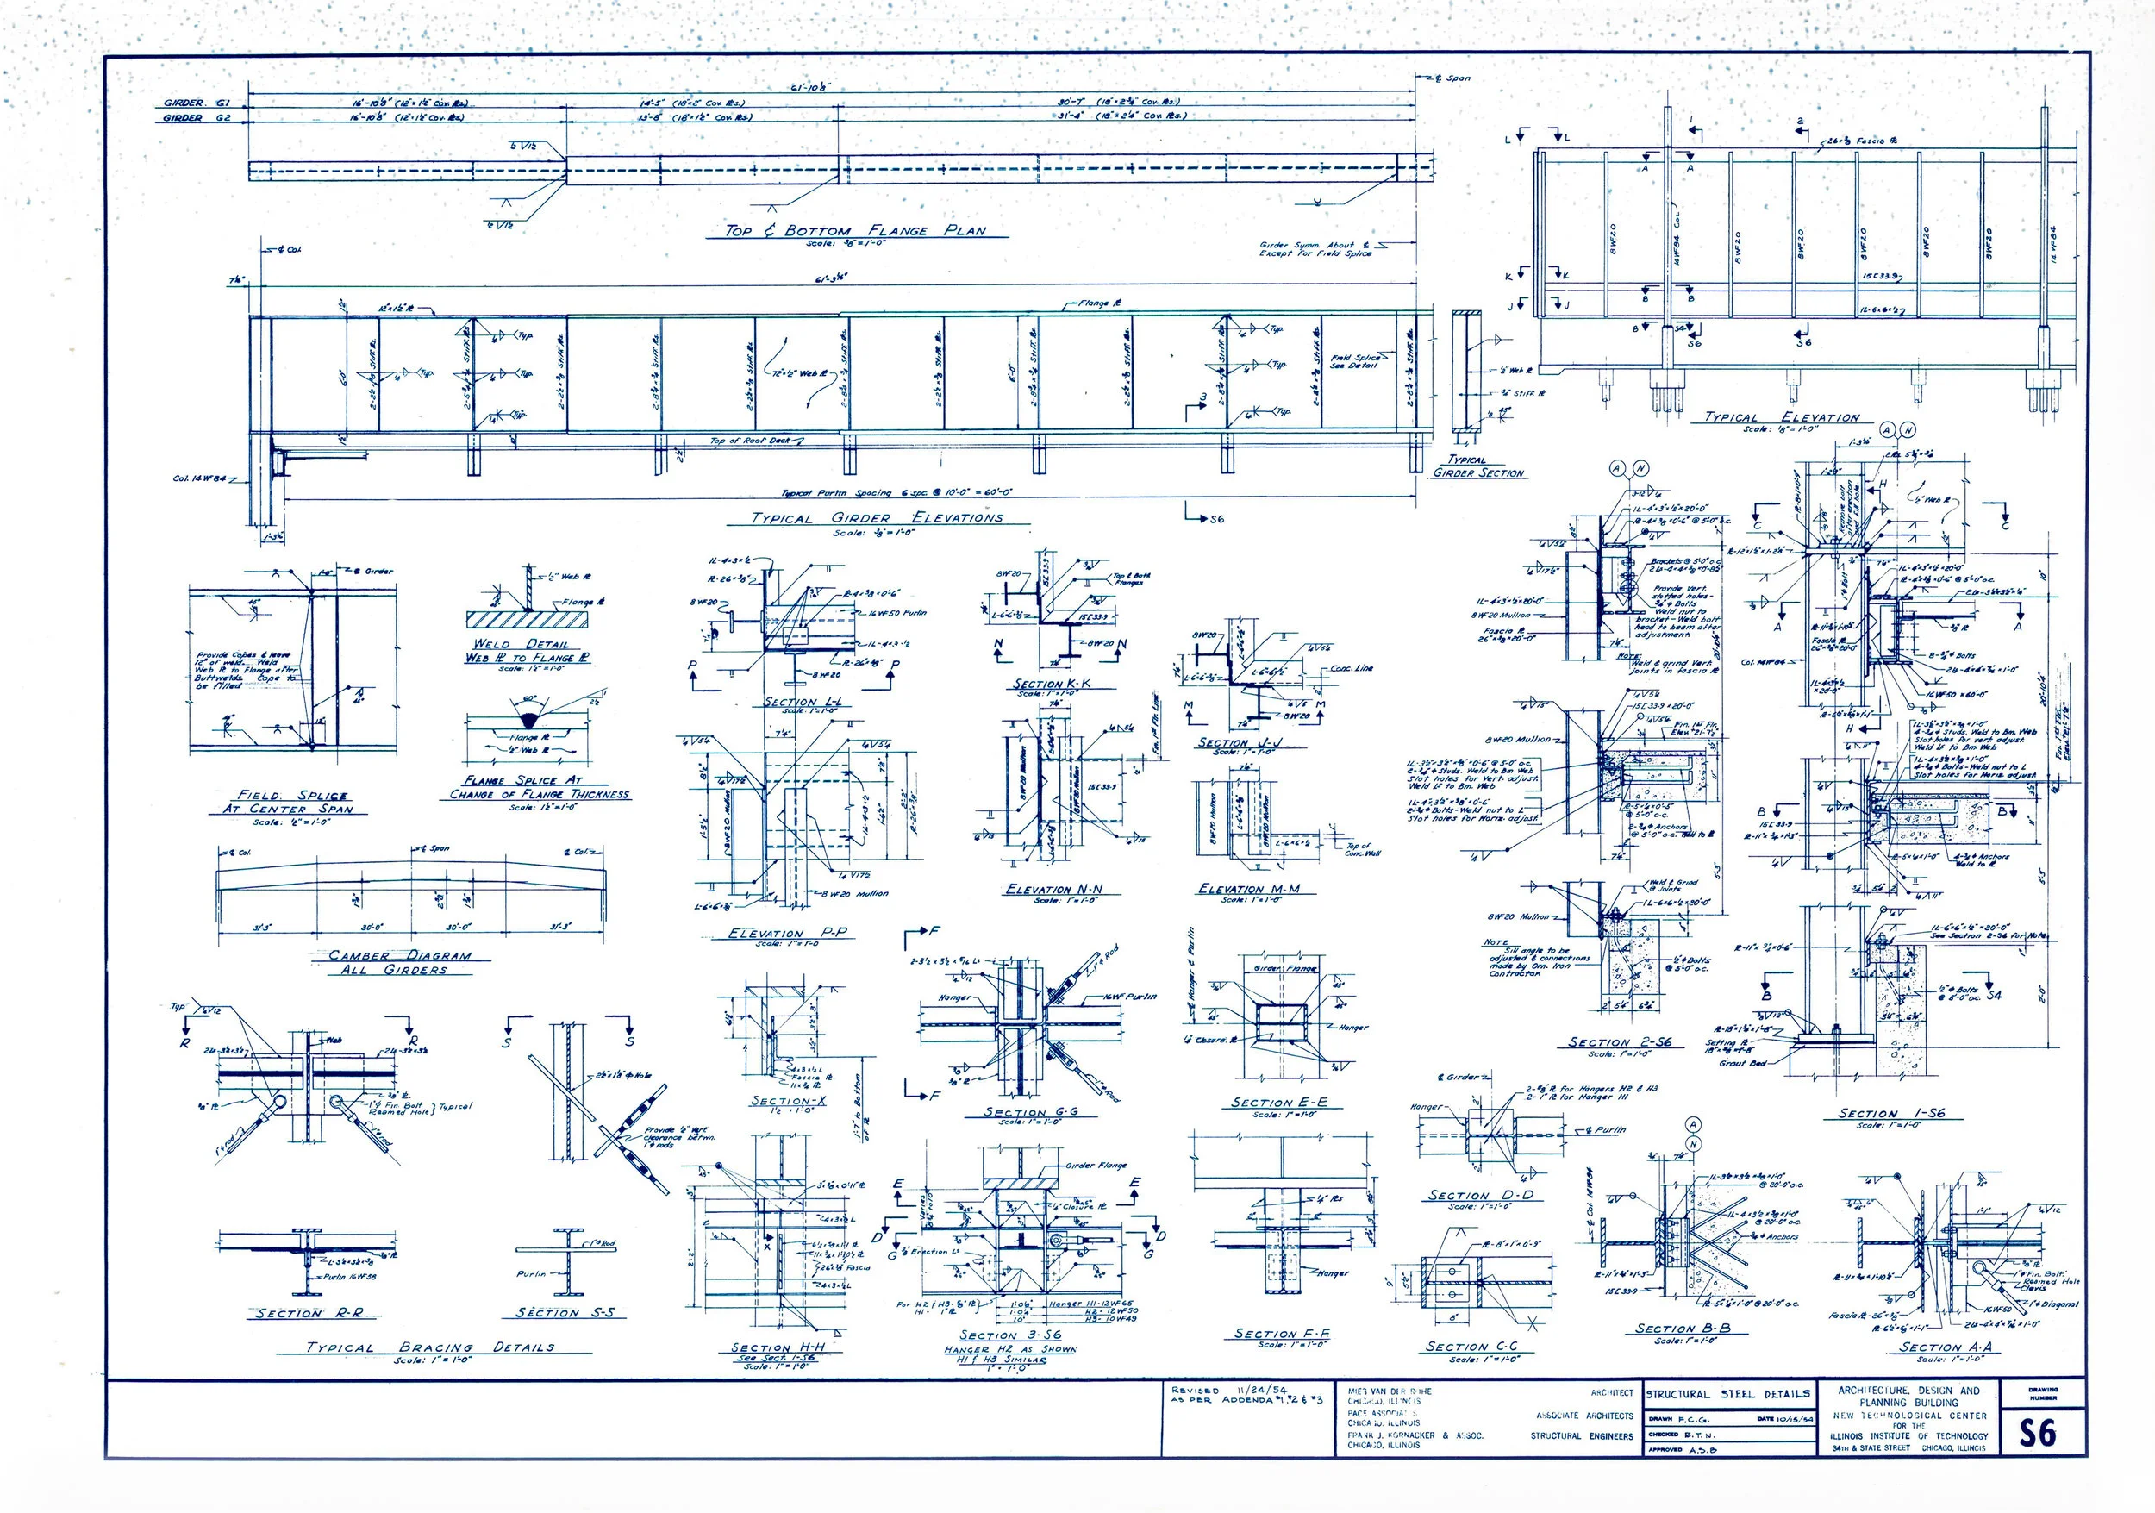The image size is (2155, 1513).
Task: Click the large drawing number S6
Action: coord(2038,1433)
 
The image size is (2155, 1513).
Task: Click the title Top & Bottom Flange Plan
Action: coord(855,231)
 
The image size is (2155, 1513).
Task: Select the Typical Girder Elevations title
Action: coord(878,518)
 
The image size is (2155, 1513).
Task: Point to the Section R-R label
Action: coord(309,1313)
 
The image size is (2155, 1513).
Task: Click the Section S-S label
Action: coord(565,1312)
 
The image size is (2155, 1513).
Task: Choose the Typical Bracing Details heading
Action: coord(431,1347)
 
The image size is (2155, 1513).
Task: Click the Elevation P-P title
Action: coord(779,933)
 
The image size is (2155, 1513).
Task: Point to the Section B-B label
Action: coord(1683,1329)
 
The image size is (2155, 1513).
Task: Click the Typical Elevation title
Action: coord(1782,417)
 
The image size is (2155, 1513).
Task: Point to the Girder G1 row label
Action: coord(195,103)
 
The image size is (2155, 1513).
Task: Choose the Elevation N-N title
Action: coord(1054,889)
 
